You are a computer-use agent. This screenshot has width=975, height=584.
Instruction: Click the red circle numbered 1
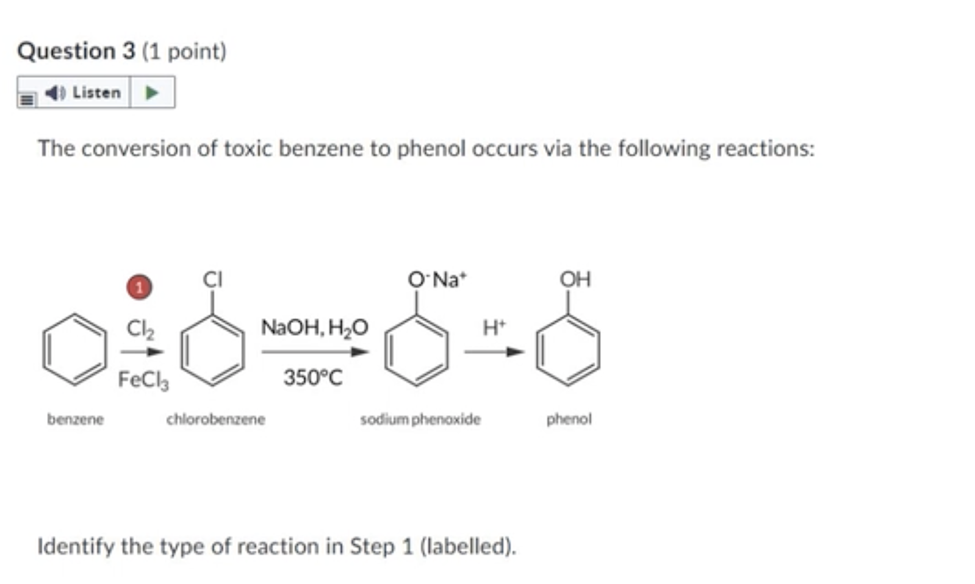click(x=139, y=287)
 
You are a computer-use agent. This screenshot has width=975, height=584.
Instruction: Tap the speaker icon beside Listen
click(x=55, y=93)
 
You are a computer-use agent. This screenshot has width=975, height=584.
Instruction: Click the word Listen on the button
click(x=96, y=93)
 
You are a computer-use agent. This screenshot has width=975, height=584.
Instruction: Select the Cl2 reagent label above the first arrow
click(x=140, y=329)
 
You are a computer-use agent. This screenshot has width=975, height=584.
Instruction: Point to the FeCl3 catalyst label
click(x=143, y=380)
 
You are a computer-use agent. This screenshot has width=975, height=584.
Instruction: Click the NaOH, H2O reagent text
click(x=314, y=328)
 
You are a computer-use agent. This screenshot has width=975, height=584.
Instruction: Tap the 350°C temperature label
click(x=312, y=378)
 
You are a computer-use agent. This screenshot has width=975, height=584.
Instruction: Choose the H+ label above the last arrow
click(x=494, y=328)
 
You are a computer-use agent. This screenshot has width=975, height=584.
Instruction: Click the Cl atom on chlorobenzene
click(x=212, y=279)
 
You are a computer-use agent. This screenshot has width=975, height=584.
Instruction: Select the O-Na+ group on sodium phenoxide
click(x=437, y=280)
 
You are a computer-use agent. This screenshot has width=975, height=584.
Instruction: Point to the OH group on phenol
click(x=575, y=279)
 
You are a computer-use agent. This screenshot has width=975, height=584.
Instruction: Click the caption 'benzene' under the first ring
click(x=76, y=419)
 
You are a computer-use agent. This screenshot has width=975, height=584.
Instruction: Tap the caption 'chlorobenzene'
click(x=215, y=419)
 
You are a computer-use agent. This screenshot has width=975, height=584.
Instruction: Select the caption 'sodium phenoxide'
click(x=420, y=419)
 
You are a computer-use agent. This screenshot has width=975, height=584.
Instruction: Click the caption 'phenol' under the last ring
click(x=569, y=419)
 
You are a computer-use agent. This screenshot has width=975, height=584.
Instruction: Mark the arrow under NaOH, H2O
click(x=315, y=352)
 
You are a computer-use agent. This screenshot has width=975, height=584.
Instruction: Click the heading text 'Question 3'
click(x=76, y=51)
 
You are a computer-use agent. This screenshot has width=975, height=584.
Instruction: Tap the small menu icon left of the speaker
click(x=27, y=99)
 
